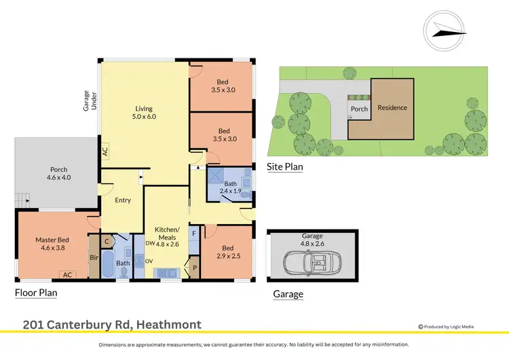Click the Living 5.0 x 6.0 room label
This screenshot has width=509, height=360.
pyautogui.click(x=144, y=113)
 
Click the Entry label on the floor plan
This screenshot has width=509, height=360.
pyautogui.click(x=123, y=200)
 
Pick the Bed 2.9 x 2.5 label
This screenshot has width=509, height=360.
pyautogui.click(x=227, y=253)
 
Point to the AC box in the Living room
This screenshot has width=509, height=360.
pyautogui.click(x=105, y=151)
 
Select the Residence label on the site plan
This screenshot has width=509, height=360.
pyautogui.click(x=392, y=108)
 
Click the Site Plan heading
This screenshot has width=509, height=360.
pyautogui.click(x=285, y=166)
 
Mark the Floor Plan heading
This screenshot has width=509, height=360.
pyautogui.click(x=36, y=293)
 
